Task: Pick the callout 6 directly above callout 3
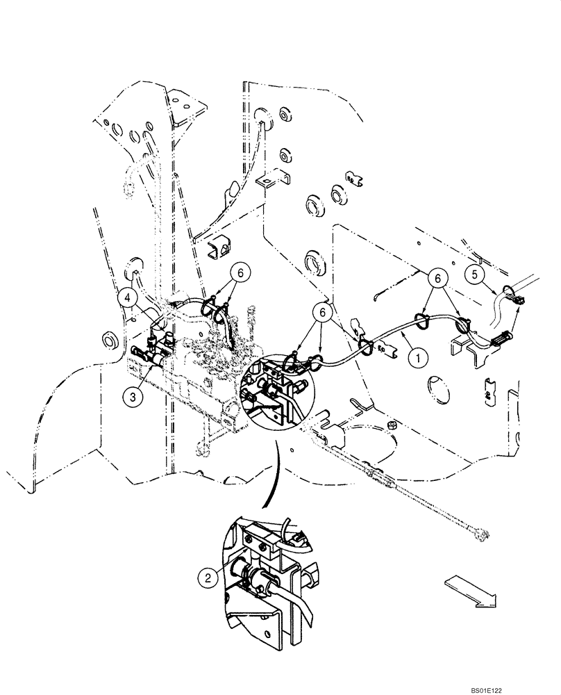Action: pyautogui.click(x=239, y=275)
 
